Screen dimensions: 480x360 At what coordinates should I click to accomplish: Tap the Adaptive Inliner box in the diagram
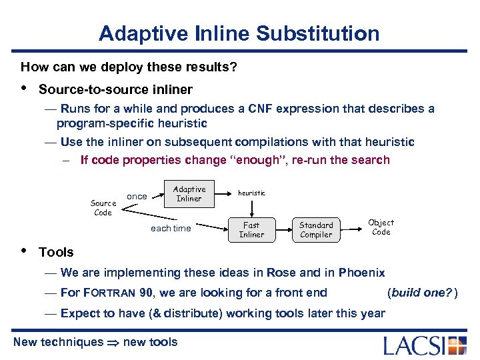(189, 193)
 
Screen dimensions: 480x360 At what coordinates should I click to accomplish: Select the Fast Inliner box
(251, 229)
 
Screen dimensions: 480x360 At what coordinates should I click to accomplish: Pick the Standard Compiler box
(316, 229)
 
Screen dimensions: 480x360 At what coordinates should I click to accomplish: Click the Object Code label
(381, 227)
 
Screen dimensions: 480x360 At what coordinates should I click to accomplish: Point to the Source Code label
(103, 207)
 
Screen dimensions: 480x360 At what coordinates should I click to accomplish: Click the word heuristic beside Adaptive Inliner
(251, 193)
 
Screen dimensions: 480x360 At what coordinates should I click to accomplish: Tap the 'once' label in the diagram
(137, 196)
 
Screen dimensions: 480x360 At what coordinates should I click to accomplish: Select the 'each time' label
(171, 228)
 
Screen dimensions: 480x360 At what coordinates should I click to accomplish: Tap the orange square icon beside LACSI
(457, 345)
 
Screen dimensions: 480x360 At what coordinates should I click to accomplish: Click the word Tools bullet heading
(57, 252)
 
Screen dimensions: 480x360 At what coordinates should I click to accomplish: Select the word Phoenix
(361, 272)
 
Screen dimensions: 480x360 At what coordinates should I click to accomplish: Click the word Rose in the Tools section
(280, 272)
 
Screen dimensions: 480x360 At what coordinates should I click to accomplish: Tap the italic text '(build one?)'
(422, 292)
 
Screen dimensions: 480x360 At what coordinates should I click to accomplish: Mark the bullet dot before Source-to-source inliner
(25, 88)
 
